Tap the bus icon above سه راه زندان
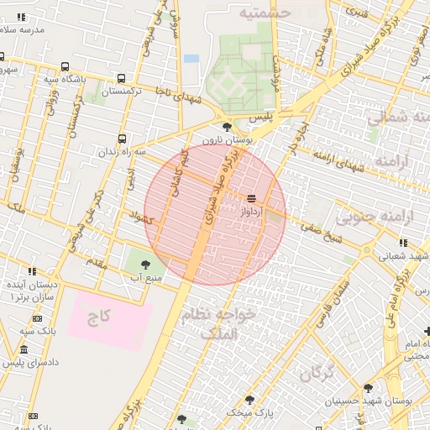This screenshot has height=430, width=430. [x=123, y=138]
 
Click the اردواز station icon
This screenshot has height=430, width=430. [x=252, y=199]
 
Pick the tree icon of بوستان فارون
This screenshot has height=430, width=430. [x=228, y=127]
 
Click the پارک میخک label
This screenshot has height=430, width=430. [x=254, y=414]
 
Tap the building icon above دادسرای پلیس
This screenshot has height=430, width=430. [x=23, y=350]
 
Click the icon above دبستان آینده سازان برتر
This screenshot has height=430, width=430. [x=33, y=271]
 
